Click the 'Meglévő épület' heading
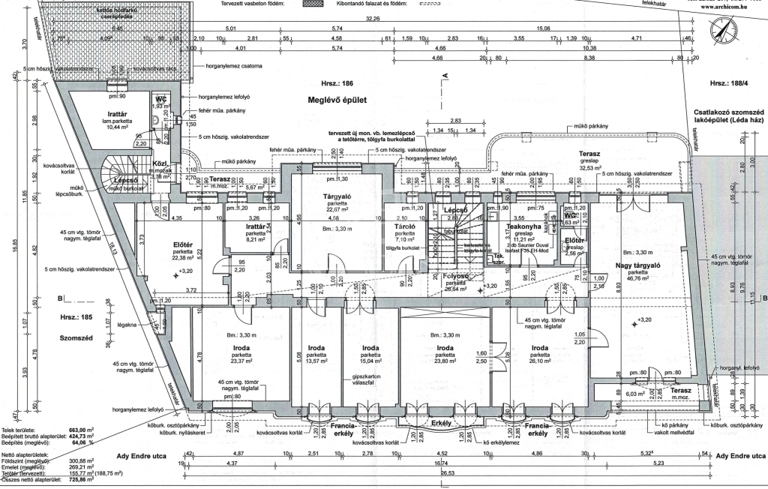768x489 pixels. click(337, 99)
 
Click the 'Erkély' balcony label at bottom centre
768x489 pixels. click(439, 424)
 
